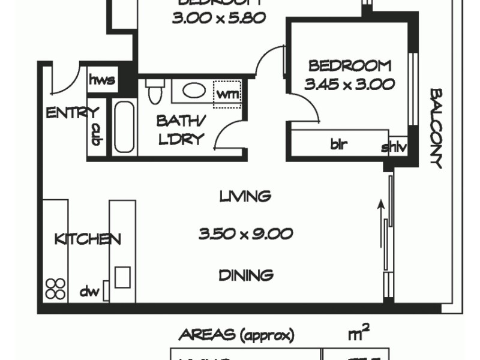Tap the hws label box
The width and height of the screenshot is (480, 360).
tap(101, 80)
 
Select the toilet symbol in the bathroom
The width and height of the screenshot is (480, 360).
tap(154, 92)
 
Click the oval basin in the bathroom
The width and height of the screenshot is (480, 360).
tap(193, 91)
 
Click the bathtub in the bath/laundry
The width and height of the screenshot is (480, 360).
tap(125, 127)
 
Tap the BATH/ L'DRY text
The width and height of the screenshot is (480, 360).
tap(181, 130)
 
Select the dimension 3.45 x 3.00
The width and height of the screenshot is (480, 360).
tap(349, 84)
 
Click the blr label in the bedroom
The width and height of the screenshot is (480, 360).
tap(339, 145)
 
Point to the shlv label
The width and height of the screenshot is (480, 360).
tap(394, 146)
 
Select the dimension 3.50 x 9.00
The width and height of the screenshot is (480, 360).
tap(245, 234)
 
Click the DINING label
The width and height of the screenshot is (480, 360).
tap(246, 275)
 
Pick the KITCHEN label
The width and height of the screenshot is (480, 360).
tap(88, 239)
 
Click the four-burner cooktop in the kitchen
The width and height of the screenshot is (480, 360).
tap(56, 289)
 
